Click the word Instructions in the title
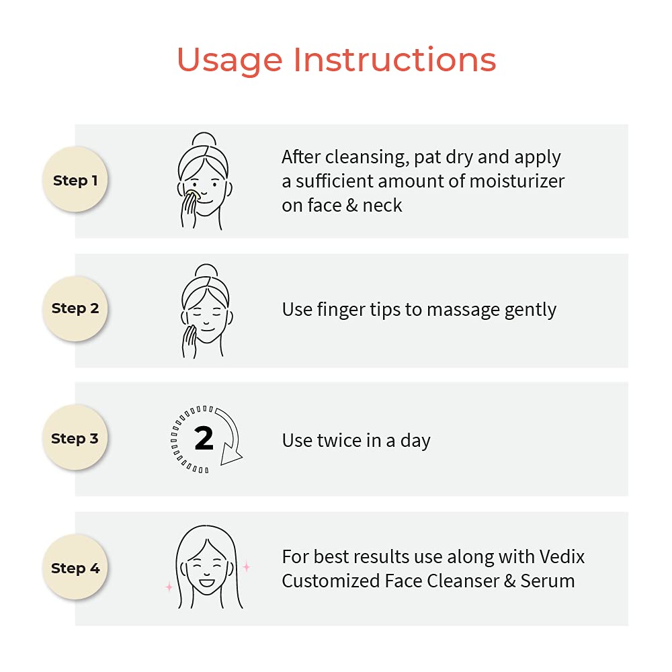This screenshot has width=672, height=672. pos(394,59)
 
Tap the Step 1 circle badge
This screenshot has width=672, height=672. pos(75,179)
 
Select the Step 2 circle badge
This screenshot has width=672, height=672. pos(75,308)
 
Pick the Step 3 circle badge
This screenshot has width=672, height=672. pos(75,437)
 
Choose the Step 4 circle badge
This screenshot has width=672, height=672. pos(75,567)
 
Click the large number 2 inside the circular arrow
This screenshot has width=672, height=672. pos(204,438)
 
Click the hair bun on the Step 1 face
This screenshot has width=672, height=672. pos(204,139)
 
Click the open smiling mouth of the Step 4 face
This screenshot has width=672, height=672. pos(206,583)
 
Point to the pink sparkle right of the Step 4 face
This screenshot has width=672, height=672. pos(247,566)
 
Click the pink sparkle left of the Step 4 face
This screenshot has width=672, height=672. pos(169,587)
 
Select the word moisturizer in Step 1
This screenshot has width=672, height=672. pos(517,181)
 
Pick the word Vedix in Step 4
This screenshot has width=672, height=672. pos(562,556)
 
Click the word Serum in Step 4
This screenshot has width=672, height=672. pos(547,581)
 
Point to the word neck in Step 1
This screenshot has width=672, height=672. pos(382,206)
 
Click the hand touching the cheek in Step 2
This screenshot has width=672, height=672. pos(189,341)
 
